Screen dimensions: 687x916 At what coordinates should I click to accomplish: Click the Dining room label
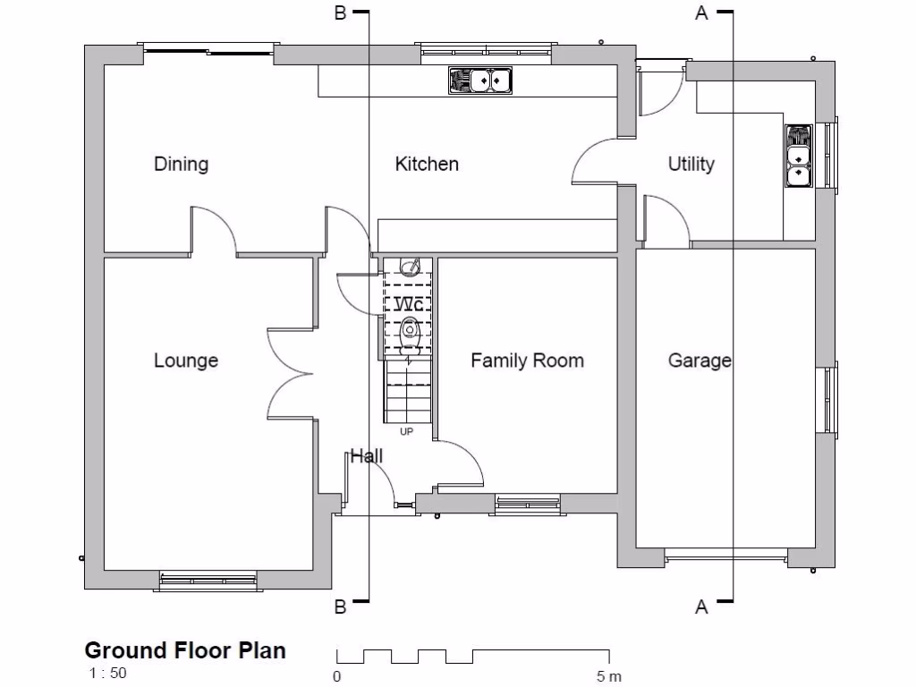(181, 164)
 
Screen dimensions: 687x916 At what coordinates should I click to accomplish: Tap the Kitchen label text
(427, 164)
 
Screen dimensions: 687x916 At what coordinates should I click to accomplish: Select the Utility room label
(691, 164)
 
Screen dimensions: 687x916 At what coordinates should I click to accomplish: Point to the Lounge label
(186, 360)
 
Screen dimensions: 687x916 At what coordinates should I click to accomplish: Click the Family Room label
(527, 360)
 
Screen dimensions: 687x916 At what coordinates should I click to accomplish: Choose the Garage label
(700, 360)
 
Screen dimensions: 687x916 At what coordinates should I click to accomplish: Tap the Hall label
(366, 456)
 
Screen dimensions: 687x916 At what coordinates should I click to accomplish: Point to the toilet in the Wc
(411, 332)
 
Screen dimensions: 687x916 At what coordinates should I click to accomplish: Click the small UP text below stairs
(407, 432)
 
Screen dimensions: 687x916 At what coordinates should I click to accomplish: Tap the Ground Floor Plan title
(185, 650)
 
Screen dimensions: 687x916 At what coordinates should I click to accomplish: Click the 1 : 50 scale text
(106, 674)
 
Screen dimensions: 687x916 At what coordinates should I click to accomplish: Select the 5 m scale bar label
(608, 676)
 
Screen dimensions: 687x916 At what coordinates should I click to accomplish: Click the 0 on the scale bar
(337, 676)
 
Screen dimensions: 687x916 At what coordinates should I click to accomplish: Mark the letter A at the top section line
(701, 13)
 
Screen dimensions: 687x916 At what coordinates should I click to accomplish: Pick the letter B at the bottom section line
(340, 607)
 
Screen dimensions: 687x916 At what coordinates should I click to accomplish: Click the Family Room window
(527, 505)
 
